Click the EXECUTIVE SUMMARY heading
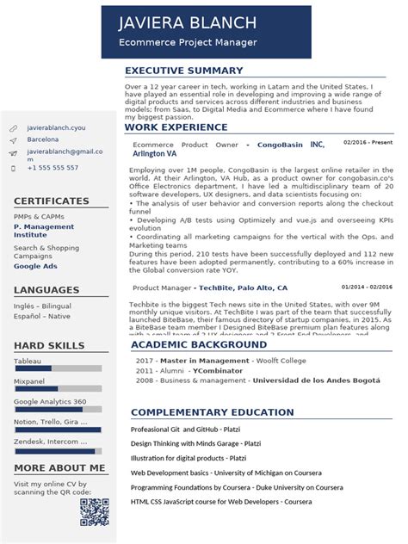coord(184,71)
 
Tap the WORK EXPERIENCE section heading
coord(176,127)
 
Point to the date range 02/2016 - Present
coord(368,142)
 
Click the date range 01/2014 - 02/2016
coord(366,287)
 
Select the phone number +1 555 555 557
coord(53,168)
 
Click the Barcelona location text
coord(43,139)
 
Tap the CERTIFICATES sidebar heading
coord(52,201)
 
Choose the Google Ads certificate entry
coord(34,266)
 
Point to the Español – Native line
coord(42,317)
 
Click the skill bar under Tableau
coord(58,368)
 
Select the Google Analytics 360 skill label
coord(50,401)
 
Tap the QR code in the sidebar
coord(94,511)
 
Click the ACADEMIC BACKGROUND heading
coord(199,345)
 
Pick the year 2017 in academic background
coord(144,360)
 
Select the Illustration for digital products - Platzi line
coord(189,458)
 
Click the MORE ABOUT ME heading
coord(59,468)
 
